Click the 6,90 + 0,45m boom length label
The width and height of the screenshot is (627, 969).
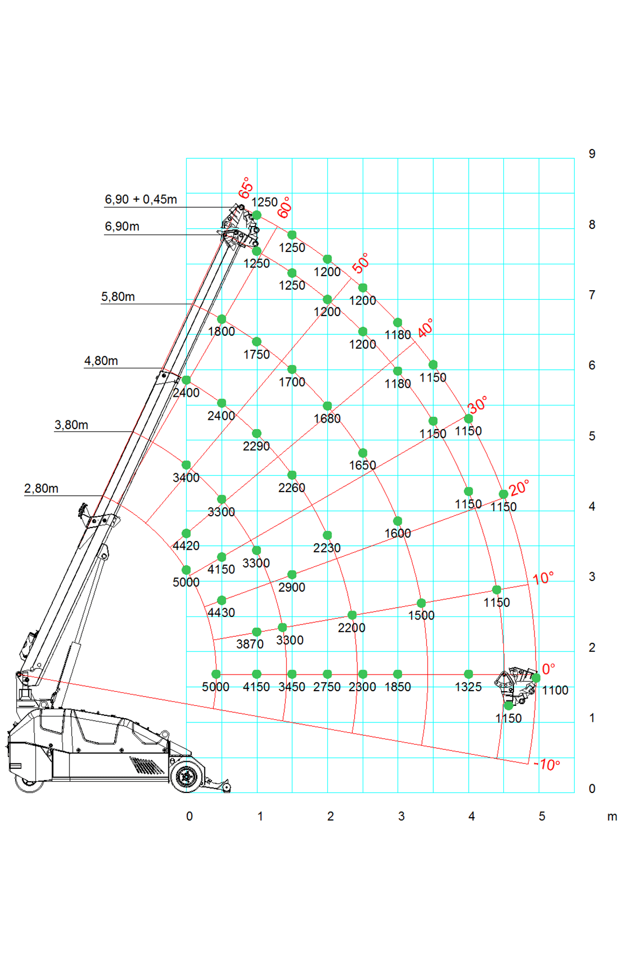pos(140,200)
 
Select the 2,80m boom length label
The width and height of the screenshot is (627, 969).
pos(41,489)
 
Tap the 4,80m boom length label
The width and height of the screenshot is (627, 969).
pos(101,361)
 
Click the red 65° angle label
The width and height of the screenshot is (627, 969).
pos(246,188)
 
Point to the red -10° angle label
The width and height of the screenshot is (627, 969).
pos(548,765)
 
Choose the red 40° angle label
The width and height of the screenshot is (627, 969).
pos(425,328)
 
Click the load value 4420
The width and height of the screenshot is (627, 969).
pos(186,546)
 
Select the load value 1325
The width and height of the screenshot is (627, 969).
pos(468,687)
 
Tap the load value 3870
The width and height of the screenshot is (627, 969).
pos(250,644)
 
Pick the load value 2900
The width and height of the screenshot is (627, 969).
pos(291,587)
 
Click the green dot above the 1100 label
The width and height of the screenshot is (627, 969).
pos(536,678)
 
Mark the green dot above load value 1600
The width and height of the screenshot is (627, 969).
pos(397,521)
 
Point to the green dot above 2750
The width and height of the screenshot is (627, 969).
pos(327,674)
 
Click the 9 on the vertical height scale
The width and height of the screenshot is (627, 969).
pos(591,154)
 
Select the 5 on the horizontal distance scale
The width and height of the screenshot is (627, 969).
pos(541,816)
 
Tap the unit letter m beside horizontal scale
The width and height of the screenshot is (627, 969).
pos(611,816)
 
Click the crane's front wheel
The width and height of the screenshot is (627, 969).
pos(187,776)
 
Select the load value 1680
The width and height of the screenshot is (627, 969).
pos(327,418)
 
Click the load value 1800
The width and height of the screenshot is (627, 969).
pos(221,332)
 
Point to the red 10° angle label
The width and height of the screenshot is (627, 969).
pos(543,579)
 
